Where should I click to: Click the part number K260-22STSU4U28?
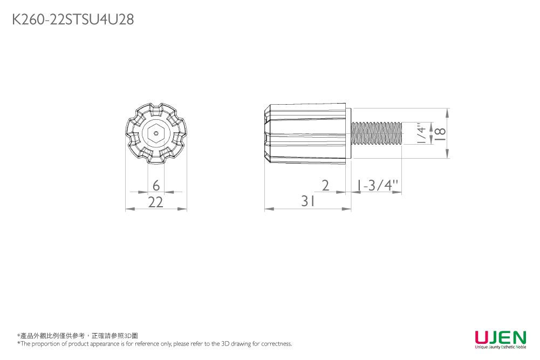click(x=73, y=19)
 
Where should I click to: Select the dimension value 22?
click(x=155, y=202)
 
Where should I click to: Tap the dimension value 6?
click(x=156, y=185)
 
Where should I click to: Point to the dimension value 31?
click(x=308, y=201)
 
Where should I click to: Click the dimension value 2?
click(x=325, y=185)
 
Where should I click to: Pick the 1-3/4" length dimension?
click(x=377, y=185)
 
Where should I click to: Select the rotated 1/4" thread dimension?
click(x=421, y=133)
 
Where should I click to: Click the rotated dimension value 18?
click(x=440, y=134)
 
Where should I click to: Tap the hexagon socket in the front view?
click(x=156, y=133)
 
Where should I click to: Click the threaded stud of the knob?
click(x=377, y=133)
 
